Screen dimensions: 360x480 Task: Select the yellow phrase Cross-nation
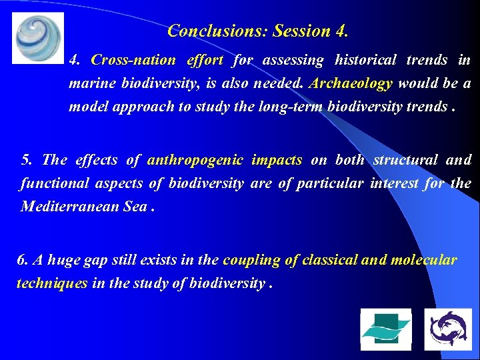pyautogui.click(x=133, y=60)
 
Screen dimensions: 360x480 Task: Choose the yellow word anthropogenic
pyautogui.click(x=197, y=160)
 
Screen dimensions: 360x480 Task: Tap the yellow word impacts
pyautogui.click(x=277, y=160)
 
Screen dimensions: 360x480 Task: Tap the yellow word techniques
pyautogui.click(x=51, y=283)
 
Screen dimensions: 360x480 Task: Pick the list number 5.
pyautogui.click(x=26, y=160)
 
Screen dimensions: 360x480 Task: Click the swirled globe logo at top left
pyautogui.click(x=37, y=37)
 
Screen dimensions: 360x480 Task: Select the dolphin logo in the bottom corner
pyautogui.click(x=448, y=329)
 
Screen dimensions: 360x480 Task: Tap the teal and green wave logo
pyautogui.click(x=386, y=329)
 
